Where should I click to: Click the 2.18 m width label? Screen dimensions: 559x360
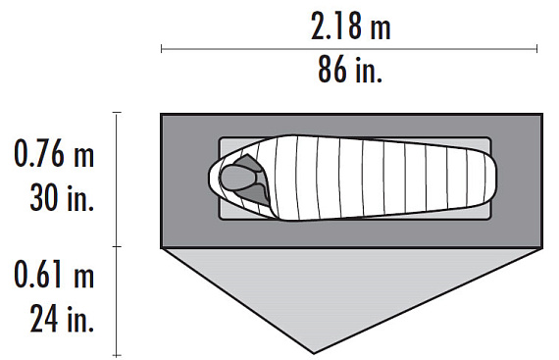(351, 26)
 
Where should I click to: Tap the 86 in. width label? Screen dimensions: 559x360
(350, 70)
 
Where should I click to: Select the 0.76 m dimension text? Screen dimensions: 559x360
(54, 154)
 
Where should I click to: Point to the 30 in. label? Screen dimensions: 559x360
(62, 197)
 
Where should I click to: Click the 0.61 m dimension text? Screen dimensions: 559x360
(54, 274)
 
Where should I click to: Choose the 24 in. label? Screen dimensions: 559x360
(62, 319)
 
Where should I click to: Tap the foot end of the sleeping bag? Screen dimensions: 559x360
(491, 178)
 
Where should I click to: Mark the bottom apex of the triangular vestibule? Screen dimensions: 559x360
(314, 353)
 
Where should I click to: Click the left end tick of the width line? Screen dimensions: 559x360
(162, 49)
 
